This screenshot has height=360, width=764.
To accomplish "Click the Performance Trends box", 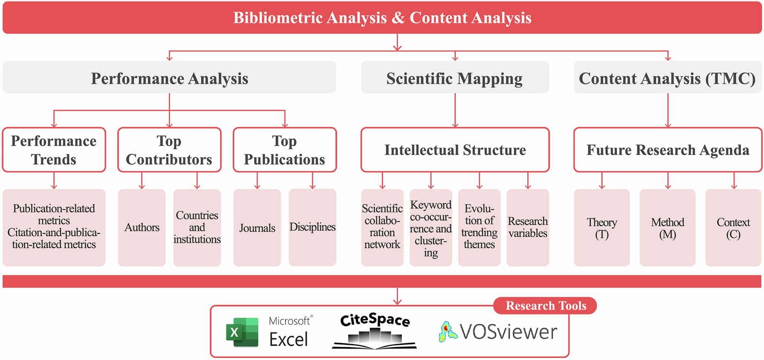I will [x=53, y=150].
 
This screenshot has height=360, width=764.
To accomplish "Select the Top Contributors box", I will [x=169, y=150].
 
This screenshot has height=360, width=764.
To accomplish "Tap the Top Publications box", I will [x=284, y=150].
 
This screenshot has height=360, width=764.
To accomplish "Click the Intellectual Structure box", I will [x=455, y=150].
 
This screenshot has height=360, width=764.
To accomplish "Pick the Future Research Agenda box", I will [x=668, y=150].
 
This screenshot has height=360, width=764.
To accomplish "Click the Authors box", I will [x=142, y=228].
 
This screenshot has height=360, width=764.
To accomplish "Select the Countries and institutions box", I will [x=197, y=228].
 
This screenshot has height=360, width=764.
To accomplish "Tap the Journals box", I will [x=257, y=228].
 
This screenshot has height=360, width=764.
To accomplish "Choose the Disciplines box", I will [x=312, y=228].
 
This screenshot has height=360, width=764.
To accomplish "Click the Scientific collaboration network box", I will [x=382, y=228].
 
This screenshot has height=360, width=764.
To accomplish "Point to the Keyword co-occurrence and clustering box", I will [x=431, y=228].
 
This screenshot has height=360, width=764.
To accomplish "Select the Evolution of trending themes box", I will [x=479, y=228].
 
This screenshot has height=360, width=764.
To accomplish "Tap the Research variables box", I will [x=528, y=228].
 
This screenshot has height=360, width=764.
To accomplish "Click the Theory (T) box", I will [x=602, y=228].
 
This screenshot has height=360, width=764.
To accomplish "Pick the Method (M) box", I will [x=667, y=228].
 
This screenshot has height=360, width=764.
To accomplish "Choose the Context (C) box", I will [x=733, y=228].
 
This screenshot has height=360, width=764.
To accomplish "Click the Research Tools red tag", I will [x=545, y=306].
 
